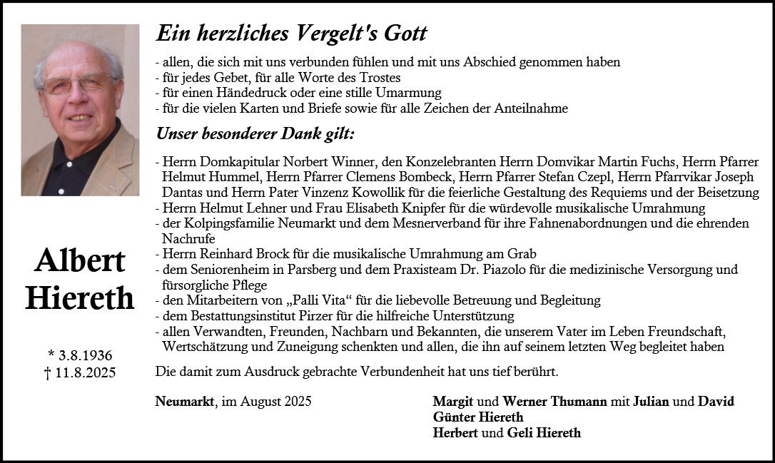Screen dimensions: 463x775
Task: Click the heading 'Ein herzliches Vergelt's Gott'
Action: (x=291, y=33)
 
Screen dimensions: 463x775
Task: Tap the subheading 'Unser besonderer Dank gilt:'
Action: (x=255, y=134)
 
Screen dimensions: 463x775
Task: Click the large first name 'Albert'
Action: (x=79, y=261)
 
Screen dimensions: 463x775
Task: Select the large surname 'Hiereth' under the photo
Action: (x=79, y=297)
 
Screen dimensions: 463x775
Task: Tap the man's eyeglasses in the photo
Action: (x=76, y=84)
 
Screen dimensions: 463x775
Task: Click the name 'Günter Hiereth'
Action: (x=478, y=417)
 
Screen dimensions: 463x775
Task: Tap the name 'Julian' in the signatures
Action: (x=651, y=402)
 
